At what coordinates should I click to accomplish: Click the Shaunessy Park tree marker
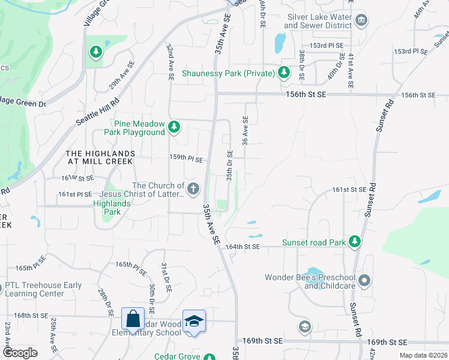pyautogui.click(x=284, y=74)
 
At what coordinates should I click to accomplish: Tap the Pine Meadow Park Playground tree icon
pyautogui.click(x=174, y=127)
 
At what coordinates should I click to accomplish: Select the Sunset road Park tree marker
pyautogui.click(x=355, y=241)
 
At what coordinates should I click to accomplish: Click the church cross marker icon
pyautogui.click(x=193, y=189)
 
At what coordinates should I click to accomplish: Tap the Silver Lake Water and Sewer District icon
pyautogui.click(x=361, y=21)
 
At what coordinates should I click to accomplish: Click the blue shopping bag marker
pyautogui.click(x=133, y=319)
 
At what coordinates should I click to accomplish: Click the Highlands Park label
pyautogui.click(x=111, y=204)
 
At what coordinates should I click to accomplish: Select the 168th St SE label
pyautogui.click(x=31, y=315)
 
